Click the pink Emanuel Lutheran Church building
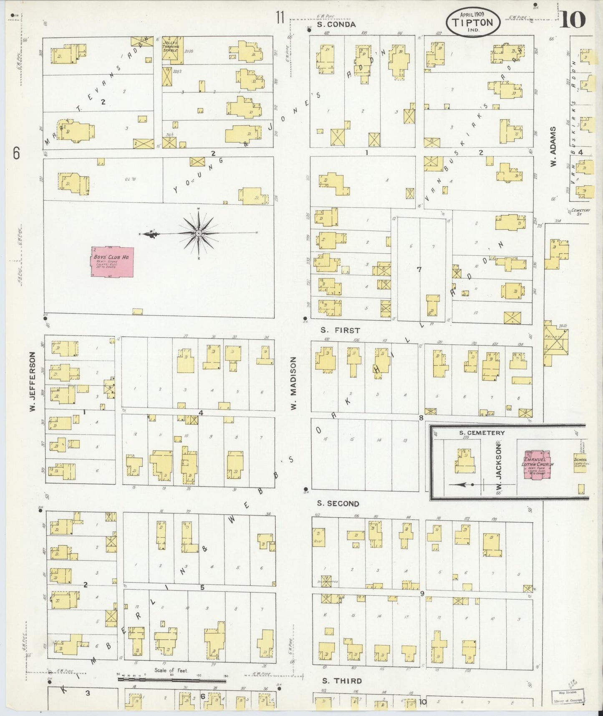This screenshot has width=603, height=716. coord(538,465)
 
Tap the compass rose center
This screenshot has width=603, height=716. coord(199,233)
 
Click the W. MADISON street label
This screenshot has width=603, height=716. coord(294,383)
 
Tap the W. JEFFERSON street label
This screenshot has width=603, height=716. coord(32,382)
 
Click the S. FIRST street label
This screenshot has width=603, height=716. coord(340,330)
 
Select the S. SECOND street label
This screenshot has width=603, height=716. coord(337,504)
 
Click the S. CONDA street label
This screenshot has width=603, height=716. coord(336,25)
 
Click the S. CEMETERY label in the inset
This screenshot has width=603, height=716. coord(482,433)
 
